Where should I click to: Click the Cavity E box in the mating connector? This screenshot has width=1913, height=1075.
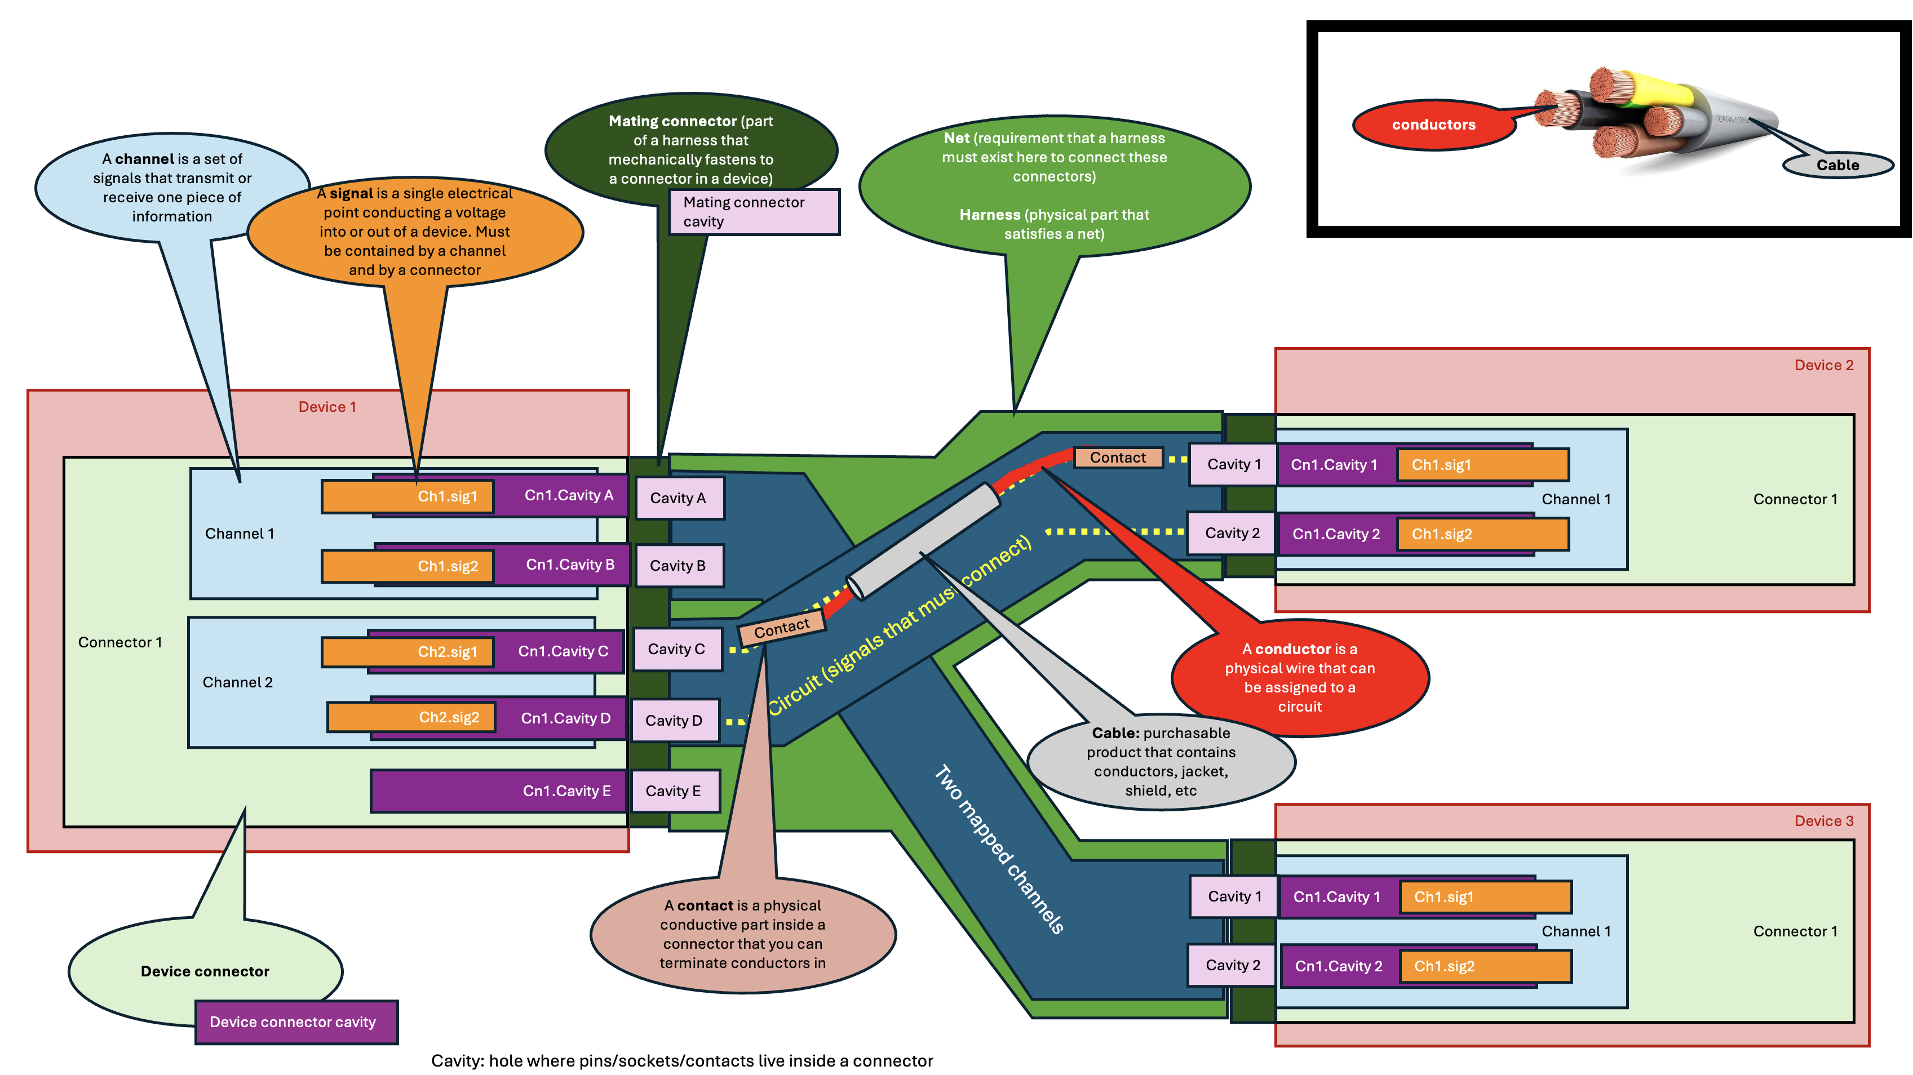click(674, 790)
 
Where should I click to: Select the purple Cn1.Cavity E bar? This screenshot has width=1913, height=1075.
click(498, 790)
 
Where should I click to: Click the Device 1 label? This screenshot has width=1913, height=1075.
click(327, 407)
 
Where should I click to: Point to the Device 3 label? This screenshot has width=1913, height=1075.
click(1823, 820)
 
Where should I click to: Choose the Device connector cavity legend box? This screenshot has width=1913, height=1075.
click(295, 1022)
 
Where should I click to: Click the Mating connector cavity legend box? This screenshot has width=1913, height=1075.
click(753, 212)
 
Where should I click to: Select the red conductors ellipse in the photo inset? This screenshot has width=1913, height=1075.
click(1433, 125)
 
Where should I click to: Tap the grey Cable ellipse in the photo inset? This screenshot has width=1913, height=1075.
click(1837, 165)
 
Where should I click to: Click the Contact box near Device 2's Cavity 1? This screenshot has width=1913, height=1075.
click(1117, 457)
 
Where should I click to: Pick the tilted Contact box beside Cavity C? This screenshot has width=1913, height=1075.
click(781, 629)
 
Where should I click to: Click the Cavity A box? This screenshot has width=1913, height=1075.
click(679, 498)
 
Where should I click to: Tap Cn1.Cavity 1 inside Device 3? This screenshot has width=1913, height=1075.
click(1337, 897)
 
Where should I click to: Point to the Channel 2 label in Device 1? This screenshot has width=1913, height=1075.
click(238, 682)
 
